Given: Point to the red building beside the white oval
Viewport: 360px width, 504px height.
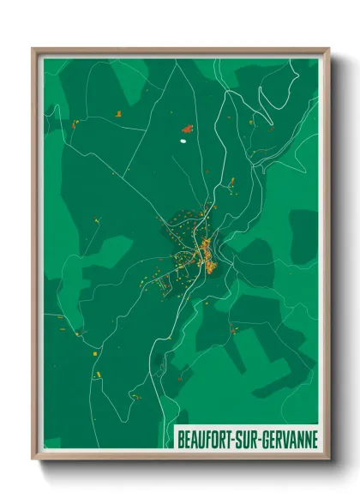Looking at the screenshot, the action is (188, 128).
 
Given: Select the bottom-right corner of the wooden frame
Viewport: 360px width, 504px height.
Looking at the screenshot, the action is (328, 459).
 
